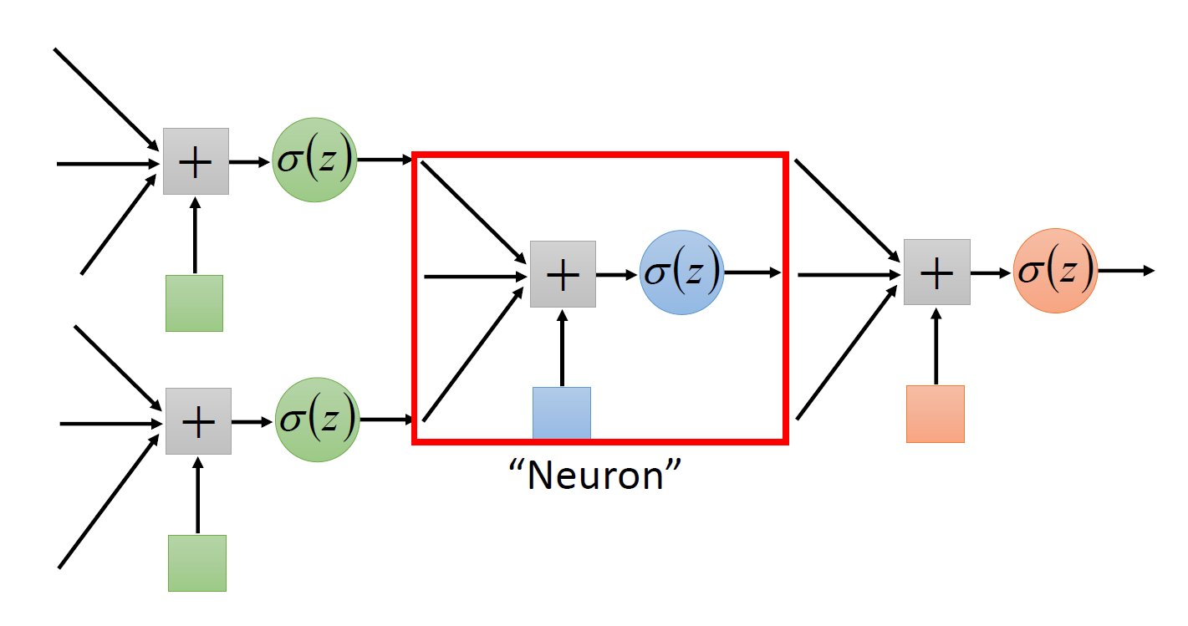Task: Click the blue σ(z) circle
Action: [681, 272]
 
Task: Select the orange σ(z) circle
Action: [1055, 271]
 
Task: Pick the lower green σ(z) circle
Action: [317, 420]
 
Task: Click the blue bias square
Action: [562, 413]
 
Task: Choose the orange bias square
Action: [936, 414]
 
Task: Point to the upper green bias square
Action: [194, 303]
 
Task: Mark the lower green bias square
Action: [197, 563]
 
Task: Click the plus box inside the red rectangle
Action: [563, 273]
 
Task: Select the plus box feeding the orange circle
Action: [936, 272]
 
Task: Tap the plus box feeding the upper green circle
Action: [196, 161]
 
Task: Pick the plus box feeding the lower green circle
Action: [198, 421]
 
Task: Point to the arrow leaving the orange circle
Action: [1125, 271]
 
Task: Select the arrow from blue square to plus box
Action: [562, 348]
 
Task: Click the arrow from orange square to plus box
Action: [936, 345]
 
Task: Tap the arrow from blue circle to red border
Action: [752, 272]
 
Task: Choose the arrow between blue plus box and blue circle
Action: [618, 273]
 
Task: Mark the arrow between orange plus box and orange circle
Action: [992, 272]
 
